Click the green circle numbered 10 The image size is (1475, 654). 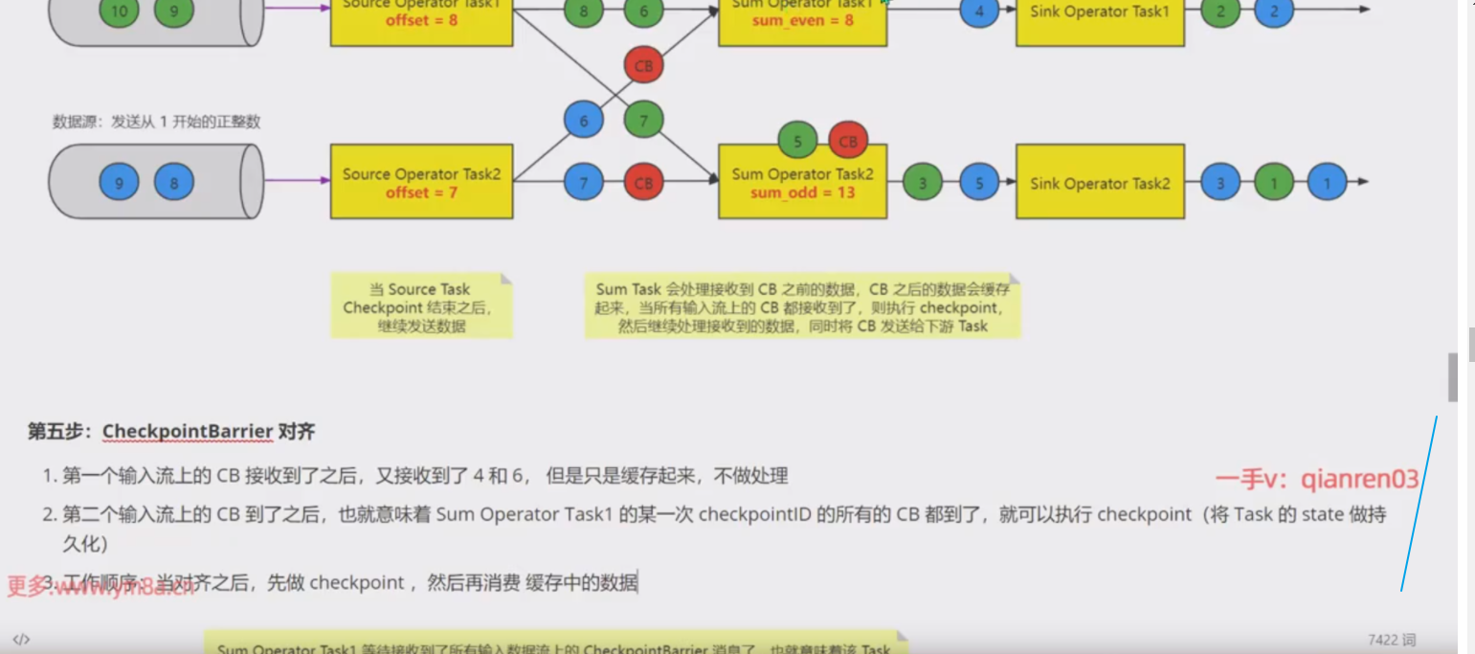tap(120, 12)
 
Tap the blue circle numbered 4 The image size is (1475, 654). tap(979, 12)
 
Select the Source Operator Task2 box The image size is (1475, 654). tap(421, 183)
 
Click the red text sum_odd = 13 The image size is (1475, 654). tap(802, 192)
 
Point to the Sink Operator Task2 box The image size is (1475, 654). tap(1100, 183)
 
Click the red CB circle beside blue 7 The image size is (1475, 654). tap(643, 182)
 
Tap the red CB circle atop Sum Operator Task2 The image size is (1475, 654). tap(848, 142)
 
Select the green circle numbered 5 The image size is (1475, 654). tap(797, 142)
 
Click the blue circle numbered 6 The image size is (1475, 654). tap(584, 122)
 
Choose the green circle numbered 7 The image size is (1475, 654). tap(643, 122)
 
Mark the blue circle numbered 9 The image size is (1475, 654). tap(120, 182)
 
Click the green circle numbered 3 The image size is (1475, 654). tap(922, 182)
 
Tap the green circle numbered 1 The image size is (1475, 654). tap(1273, 182)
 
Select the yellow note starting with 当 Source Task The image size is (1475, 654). tap(421, 307)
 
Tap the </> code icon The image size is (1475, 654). tap(21, 639)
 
